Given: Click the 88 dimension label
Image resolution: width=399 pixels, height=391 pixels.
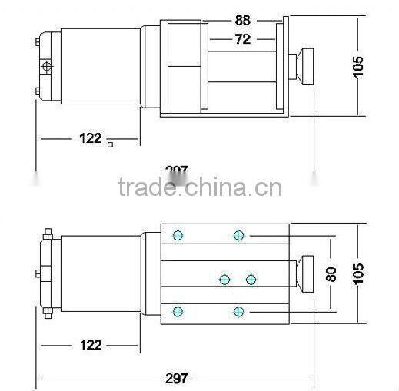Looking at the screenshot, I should tap(242, 21).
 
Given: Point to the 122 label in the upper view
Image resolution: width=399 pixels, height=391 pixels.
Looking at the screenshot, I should tap(90, 138).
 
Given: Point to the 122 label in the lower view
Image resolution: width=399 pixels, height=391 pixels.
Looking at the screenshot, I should tap(90, 345).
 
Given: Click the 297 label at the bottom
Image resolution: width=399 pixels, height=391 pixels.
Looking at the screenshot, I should tap(177, 378).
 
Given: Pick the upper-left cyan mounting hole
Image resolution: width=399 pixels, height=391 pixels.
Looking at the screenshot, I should tap(178, 235).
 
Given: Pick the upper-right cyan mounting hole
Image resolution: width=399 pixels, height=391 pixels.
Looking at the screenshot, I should tap(239, 235).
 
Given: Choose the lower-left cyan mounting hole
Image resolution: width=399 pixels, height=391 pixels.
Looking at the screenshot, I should tap(178, 310).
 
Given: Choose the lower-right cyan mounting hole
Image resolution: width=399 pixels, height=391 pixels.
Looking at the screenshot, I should tap(239, 310).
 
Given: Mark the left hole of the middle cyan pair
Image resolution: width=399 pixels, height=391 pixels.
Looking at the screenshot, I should tap(224, 278).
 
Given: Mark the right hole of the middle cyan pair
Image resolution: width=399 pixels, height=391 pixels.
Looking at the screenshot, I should tap(251, 278).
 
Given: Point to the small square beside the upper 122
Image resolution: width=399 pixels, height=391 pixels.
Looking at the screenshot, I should tap(111, 144).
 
